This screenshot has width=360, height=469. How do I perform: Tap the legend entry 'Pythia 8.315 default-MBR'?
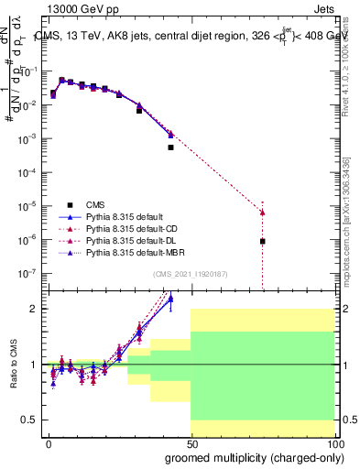click(x=126, y=252)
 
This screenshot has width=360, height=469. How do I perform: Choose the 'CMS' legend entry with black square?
click(x=95, y=205)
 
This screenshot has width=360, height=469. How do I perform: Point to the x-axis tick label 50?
click(x=191, y=443)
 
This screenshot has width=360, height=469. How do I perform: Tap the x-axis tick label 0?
click(x=49, y=443)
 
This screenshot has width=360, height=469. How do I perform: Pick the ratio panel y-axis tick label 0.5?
click(x=28, y=420)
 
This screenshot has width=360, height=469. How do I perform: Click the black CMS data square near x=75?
click(x=262, y=241)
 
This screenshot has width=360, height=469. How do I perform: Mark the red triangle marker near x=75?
click(x=262, y=213)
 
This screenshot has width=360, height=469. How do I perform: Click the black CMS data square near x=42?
click(x=170, y=147)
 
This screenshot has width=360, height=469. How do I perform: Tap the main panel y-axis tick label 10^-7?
click(x=27, y=273)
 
